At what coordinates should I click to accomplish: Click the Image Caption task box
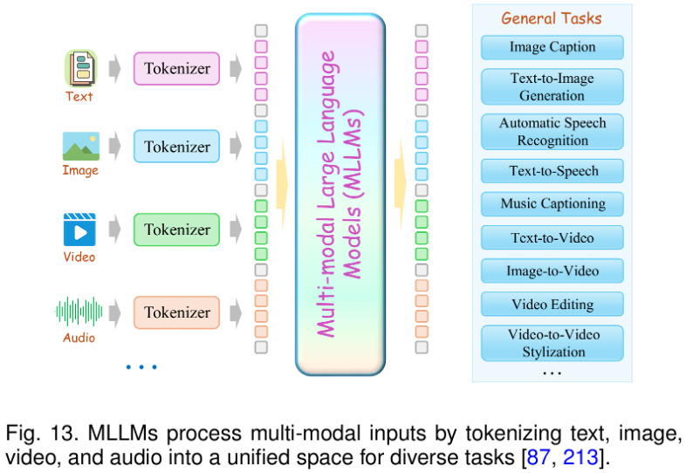(x=552, y=47)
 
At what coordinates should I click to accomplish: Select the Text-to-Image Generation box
(x=552, y=86)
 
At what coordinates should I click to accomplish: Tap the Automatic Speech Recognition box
(x=552, y=132)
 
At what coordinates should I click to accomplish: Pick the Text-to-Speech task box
(x=552, y=171)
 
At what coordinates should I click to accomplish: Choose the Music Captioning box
(x=552, y=204)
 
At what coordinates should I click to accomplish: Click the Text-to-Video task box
(x=552, y=237)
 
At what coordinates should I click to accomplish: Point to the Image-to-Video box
(x=552, y=271)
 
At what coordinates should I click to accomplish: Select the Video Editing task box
(x=552, y=305)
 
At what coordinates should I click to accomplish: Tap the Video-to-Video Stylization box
(x=552, y=343)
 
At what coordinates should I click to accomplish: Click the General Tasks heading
(x=551, y=18)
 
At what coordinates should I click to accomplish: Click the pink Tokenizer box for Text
(x=177, y=68)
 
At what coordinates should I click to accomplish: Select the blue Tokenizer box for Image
(x=177, y=147)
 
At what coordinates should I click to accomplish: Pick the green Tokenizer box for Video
(x=177, y=230)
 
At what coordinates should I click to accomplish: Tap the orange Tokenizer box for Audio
(x=177, y=312)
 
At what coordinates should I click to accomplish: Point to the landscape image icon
(x=80, y=146)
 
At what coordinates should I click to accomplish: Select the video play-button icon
(x=79, y=230)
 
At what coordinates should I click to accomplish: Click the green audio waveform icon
(x=79, y=311)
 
